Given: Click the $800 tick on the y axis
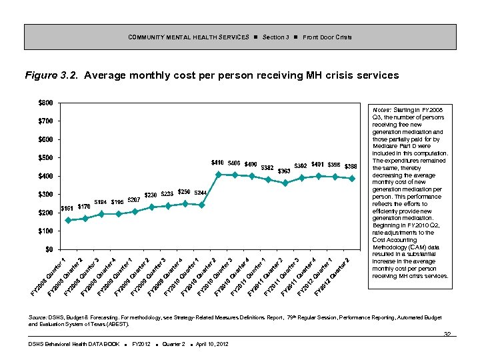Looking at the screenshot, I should click(x=46, y=103).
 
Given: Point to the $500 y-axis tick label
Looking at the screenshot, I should click(x=46, y=158).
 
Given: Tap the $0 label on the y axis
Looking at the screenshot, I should click(x=49, y=249).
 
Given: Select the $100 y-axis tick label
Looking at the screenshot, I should click(x=46, y=231).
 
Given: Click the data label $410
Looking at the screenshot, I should click(x=217, y=163).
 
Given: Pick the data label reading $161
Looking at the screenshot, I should click(x=67, y=209).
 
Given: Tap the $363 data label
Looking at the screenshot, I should click(x=284, y=171).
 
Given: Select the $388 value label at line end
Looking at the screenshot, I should click(x=351, y=166).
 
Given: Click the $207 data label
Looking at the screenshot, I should click(x=133, y=200).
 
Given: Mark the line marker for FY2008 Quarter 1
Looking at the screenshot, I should click(x=68, y=220).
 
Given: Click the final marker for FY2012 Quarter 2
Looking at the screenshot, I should click(x=352, y=179).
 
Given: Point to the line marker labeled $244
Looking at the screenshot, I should click(x=201, y=205).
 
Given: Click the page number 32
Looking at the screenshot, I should click(x=447, y=335).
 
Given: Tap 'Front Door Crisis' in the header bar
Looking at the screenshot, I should click(x=327, y=37).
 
